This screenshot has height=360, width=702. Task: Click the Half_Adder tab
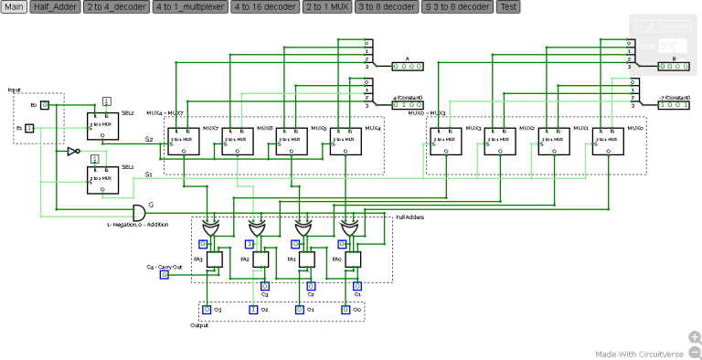[54, 6]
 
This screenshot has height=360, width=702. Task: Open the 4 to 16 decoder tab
[264, 6]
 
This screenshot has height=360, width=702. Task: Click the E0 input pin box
[45, 105]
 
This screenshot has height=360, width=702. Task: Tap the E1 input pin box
[29, 128]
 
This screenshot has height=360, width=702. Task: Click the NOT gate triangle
[73, 152]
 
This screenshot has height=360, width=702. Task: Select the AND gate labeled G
[138, 213]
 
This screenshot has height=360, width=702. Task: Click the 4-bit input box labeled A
[408, 67]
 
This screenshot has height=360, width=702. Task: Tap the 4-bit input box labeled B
[674, 67]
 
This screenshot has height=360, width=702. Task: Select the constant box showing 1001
[674, 105]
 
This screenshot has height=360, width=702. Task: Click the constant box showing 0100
[408, 105]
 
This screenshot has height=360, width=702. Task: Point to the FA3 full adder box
[215, 260]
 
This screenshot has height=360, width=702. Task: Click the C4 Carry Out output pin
[165, 273]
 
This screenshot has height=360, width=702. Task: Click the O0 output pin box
[346, 310]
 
